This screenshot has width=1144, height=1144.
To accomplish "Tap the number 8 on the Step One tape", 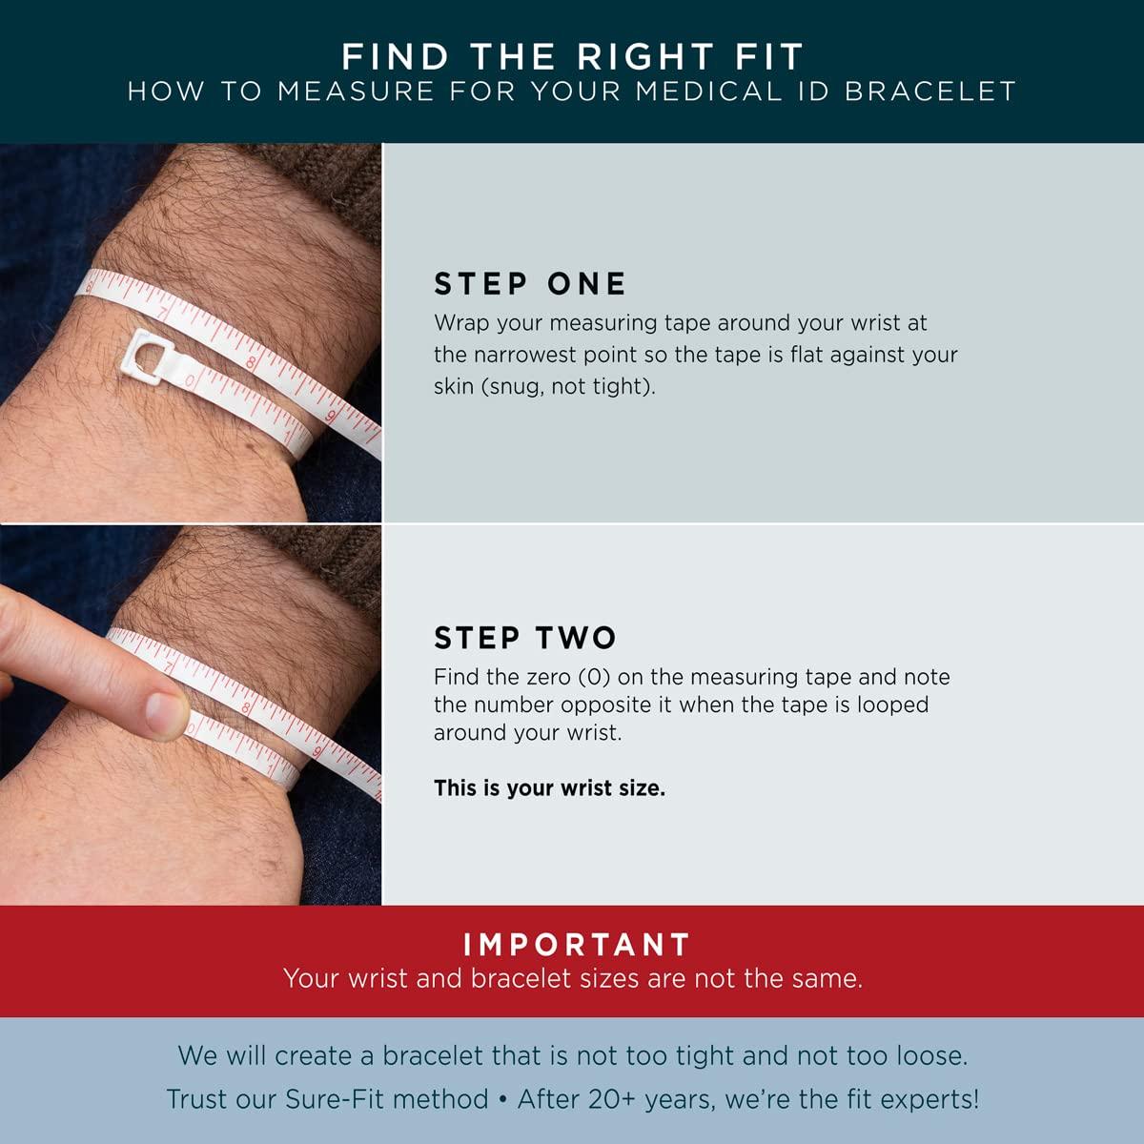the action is pos(251,362).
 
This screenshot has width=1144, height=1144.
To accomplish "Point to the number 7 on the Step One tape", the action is pos(163,313).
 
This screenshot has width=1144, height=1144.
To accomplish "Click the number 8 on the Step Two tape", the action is pos(247,707).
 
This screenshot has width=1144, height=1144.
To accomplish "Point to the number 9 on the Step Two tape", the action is pos(317,752).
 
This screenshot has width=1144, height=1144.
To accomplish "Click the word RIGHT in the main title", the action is pos(644,57).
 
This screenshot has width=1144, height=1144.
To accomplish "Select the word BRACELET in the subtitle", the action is pos(930,92).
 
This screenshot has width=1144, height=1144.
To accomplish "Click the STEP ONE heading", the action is pos(529,284).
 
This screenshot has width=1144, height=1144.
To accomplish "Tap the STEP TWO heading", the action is pos(525,638).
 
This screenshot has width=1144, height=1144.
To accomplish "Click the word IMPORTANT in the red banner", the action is pos(577,945).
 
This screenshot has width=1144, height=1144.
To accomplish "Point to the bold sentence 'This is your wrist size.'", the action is pos(550,788).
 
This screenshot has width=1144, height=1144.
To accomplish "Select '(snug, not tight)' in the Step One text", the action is pos(544,387).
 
